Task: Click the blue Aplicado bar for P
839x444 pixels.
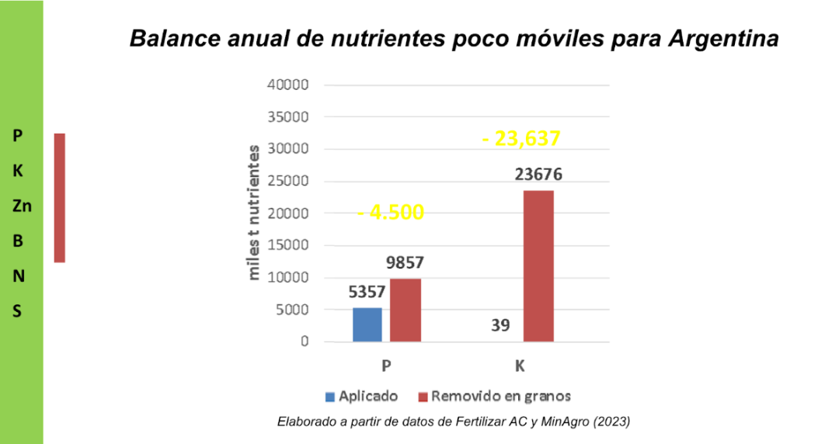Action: point(367,324)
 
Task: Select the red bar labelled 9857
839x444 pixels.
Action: point(405,310)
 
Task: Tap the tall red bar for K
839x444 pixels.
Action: point(538,265)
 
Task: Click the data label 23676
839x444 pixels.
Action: point(538,175)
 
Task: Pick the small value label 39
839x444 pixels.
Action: point(500,325)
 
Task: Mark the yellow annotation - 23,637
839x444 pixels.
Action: point(520,139)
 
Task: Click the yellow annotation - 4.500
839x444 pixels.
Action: point(391,212)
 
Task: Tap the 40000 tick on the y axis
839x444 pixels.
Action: point(288,85)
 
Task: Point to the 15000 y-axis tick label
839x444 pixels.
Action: point(288,245)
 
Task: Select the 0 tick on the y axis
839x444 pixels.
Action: point(305,342)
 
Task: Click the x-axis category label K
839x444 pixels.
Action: point(520,366)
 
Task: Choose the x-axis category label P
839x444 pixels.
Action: point(385,366)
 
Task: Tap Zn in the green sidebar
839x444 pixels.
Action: point(22,206)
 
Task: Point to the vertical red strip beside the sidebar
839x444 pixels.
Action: point(59,197)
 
